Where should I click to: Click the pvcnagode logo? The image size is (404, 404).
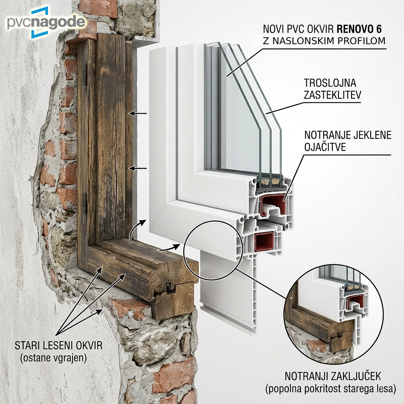coord(46,22)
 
